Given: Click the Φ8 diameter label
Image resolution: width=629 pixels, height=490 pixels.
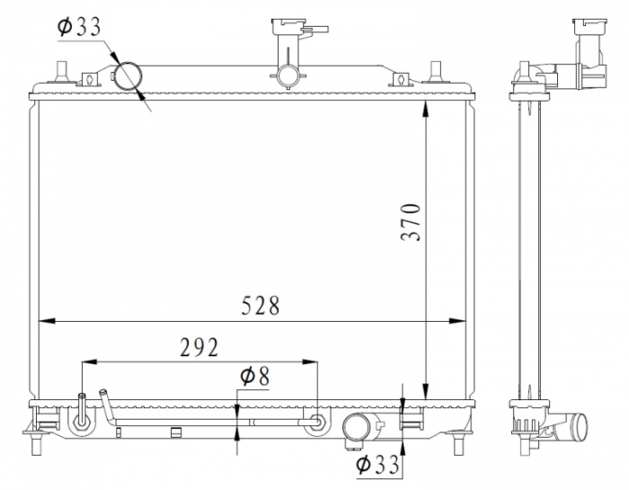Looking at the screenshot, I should point(254,377).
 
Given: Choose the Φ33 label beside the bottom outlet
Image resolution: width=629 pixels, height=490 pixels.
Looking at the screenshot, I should point(376,465).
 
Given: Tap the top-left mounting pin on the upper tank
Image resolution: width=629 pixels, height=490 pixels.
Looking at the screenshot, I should point(62,70).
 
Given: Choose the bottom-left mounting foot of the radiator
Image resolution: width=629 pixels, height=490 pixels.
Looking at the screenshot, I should point(38,441).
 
